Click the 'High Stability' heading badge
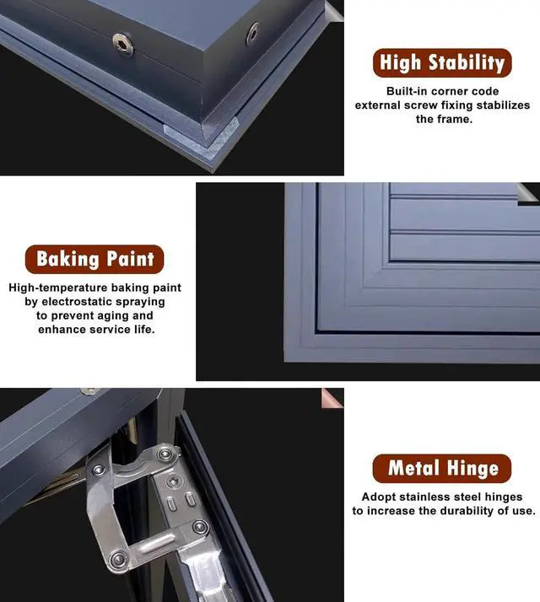click(x=442, y=63)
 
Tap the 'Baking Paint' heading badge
click(x=94, y=259)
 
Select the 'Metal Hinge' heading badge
click(x=442, y=468)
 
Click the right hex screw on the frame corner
click(x=251, y=34)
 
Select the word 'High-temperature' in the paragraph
click(x=57, y=288)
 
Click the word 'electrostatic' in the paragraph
click(x=109, y=302)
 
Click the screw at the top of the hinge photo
click(x=88, y=391)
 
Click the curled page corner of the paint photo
click(x=529, y=193)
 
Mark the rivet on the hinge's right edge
click(x=200, y=528)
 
